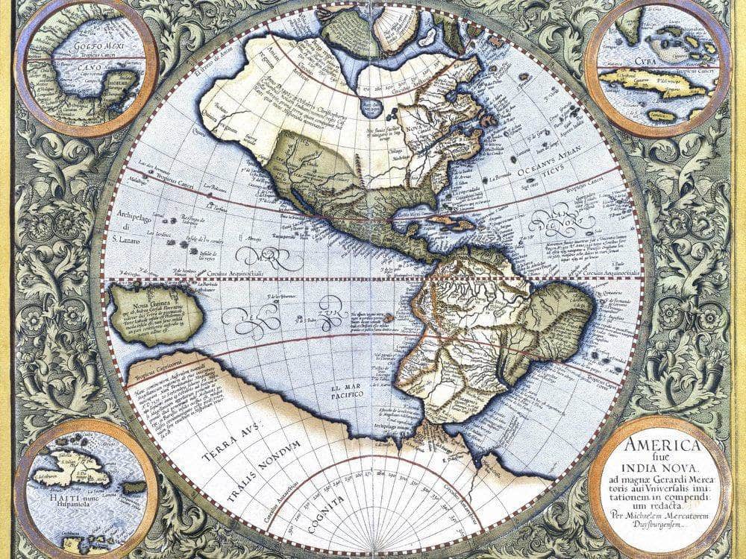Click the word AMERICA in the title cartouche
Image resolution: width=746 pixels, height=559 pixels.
point(662,446)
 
